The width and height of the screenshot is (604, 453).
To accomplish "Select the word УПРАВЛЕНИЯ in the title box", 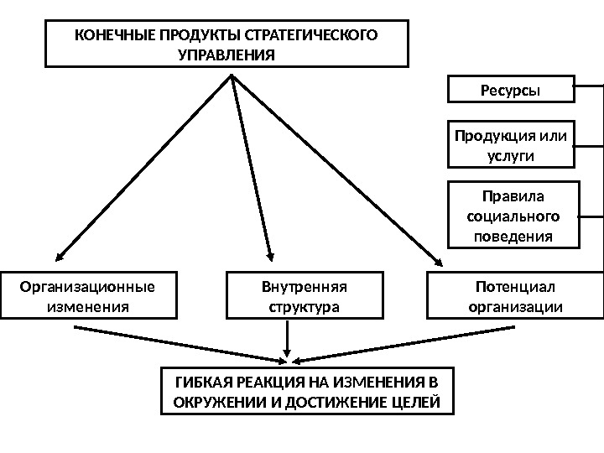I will point(226,55).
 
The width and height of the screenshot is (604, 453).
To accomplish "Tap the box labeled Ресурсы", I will point(511,89).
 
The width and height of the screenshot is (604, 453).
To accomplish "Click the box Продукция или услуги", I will point(511,144).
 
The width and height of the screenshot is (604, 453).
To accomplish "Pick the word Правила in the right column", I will point(513,196).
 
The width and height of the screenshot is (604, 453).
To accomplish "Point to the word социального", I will point(513,216).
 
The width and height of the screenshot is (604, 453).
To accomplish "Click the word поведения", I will point(513,236).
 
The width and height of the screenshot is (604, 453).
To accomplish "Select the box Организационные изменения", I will point(88,295).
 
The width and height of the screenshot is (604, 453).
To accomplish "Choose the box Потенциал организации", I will point(514,295).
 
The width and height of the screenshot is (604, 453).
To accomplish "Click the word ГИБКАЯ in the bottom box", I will point(201,383).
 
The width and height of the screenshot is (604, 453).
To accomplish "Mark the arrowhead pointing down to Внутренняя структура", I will point(270,257).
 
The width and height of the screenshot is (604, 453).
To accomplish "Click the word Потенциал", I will point(514,287).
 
